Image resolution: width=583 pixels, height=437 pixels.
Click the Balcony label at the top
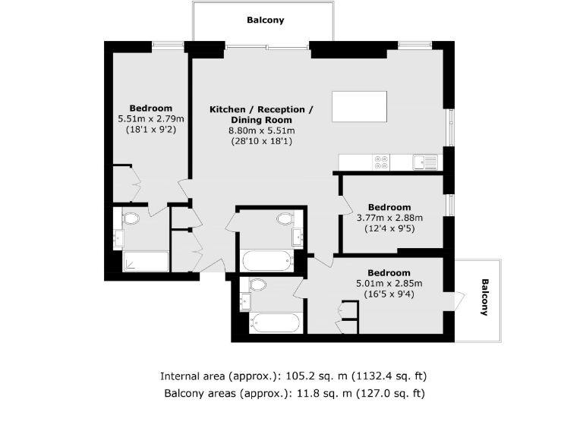pyautogui.click(x=266, y=20)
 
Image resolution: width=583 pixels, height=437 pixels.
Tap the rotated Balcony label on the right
pyautogui.click(x=484, y=297)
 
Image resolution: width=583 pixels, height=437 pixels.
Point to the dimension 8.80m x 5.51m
pyautogui.click(x=260, y=130)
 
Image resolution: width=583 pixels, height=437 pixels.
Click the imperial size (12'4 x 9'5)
pyautogui.click(x=389, y=228)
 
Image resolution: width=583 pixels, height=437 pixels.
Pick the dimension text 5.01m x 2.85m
pyautogui.click(x=389, y=284)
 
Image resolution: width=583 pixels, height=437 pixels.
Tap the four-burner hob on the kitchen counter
pyautogui.click(x=380, y=162)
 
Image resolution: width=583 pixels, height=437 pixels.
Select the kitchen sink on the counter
pyautogui.click(x=425, y=162)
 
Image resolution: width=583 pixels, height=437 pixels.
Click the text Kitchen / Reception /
pyautogui.click(x=260, y=109)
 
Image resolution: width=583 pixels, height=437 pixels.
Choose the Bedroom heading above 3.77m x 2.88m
pyautogui.click(x=389, y=207)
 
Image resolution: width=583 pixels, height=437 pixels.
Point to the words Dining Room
pyautogui.click(x=260, y=120)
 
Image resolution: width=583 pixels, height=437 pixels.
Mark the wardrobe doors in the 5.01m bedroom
pyautogui.click(x=347, y=317)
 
